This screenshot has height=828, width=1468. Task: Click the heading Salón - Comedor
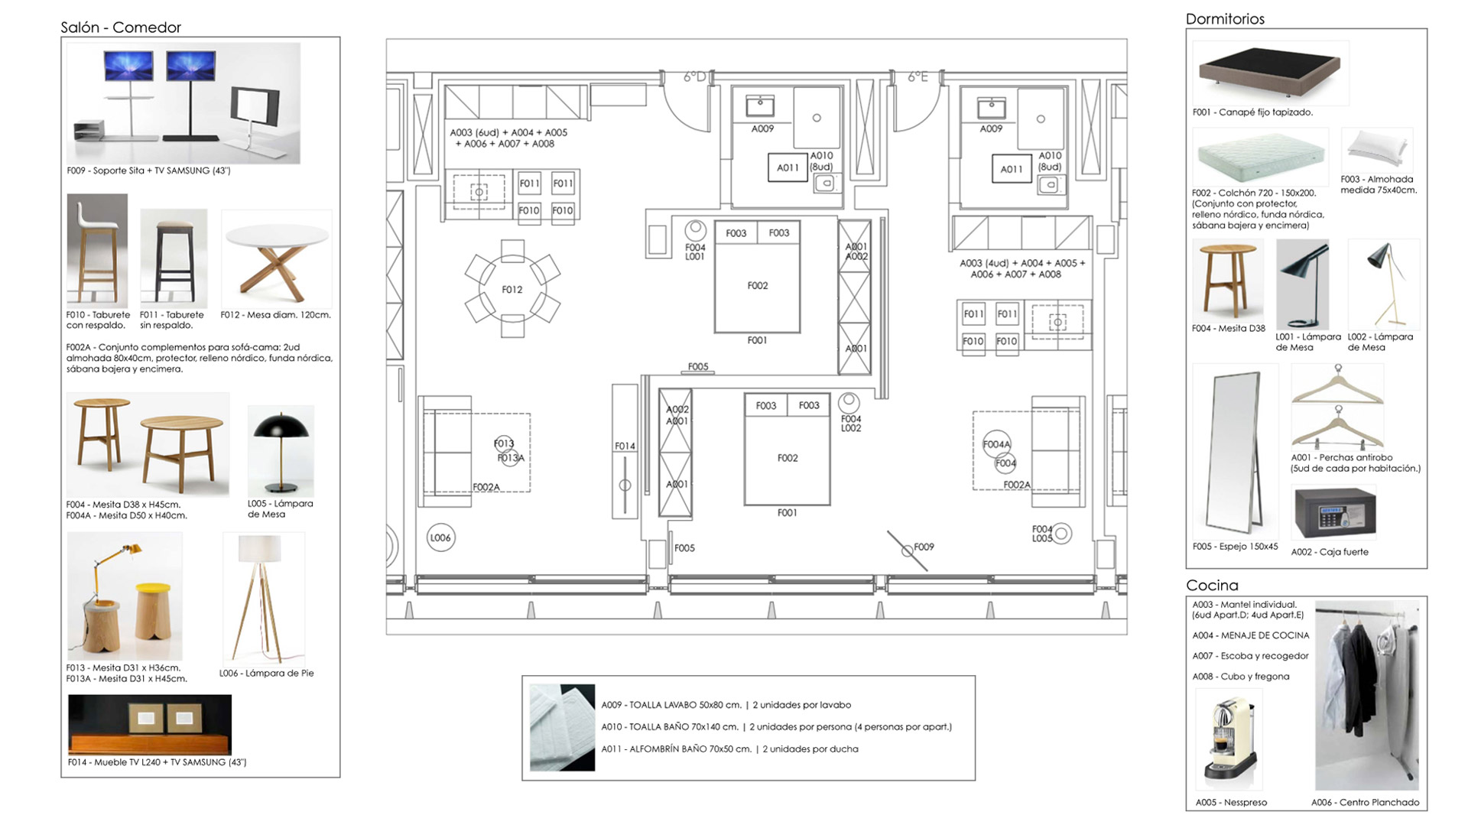pyautogui.click(x=121, y=28)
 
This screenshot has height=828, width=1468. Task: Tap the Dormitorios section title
pyautogui.click(x=1225, y=19)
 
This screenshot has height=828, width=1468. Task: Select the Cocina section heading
pyautogui.click(x=1212, y=586)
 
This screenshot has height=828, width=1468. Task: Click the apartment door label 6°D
pyautogui.click(x=694, y=76)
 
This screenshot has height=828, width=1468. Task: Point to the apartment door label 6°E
pyautogui.click(x=917, y=76)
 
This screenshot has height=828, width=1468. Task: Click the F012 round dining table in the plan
pyautogui.click(x=512, y=289)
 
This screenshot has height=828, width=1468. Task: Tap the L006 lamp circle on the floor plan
pyautogui.click(x=440, y=537)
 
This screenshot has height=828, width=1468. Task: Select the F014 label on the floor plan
pyautogui.click(x=625, y=446)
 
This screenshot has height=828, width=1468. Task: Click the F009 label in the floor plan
pyautogui.click(x=924, y=547)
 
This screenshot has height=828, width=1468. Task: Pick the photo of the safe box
pyautogui.click(x=1334, y=513)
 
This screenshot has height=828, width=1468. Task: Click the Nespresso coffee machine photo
pyautogui.click(x=1229, y=740)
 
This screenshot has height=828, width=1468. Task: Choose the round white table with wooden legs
pyautogui.click(x=277, y=260)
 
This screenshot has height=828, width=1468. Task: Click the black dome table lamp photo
pyautogui.click(x=281, y=452)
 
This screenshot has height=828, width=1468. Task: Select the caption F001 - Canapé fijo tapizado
pyautogui.click(x=1252, y=112)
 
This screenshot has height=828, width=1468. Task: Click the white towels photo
pyautogui.click(x=562, y=727)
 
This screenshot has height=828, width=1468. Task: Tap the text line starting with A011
pyautogui.click(x=729, y=749)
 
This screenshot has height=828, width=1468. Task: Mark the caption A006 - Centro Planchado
pyautogui.click(x=1365, y=803)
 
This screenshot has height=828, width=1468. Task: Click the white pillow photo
pyautogui.click(x=1378, y=149)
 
